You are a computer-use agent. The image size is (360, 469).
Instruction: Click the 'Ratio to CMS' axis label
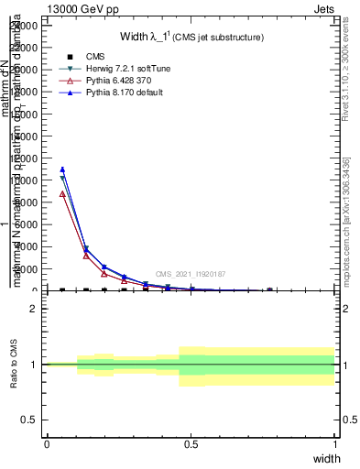pos(14,365)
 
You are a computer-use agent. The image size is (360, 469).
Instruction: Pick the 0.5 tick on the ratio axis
pos(30,420)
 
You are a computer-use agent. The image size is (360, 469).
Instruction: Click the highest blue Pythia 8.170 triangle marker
pos(62,169)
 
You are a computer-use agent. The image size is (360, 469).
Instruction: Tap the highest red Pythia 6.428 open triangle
pos(62,194)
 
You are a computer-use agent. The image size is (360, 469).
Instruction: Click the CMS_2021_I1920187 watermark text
pos(190,274)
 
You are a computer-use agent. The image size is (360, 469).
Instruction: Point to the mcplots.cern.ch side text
pos(345,220)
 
